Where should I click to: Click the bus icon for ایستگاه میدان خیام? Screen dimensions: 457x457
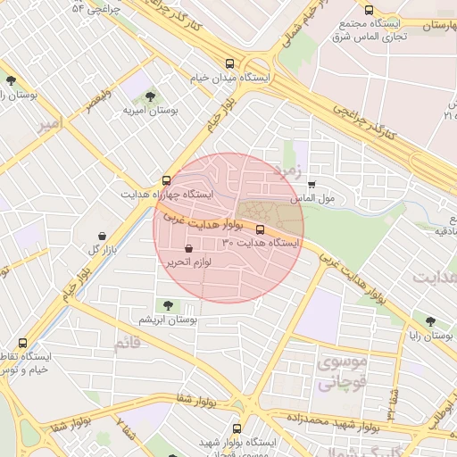230,63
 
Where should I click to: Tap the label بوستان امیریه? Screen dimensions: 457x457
151,111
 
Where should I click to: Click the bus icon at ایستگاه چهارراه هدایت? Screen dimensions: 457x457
167,179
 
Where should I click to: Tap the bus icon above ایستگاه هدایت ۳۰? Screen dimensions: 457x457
260,229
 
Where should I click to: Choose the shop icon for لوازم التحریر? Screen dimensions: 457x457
187,249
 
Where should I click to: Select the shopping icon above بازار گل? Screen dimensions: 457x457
104,236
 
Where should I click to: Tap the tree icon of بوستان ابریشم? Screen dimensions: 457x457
170,306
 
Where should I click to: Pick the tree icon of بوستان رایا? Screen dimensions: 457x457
431,321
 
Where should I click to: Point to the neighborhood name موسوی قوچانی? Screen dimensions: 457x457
336,373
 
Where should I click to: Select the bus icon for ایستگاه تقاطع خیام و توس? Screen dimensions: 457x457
22,342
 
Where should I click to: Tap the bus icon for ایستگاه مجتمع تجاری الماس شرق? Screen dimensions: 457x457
369,10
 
